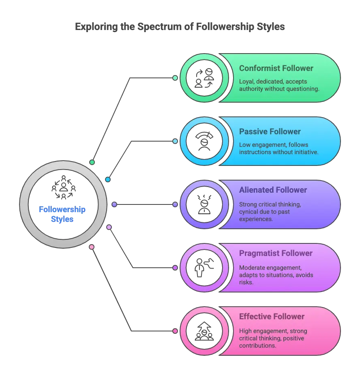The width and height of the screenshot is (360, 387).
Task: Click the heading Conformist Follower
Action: (x=276, y=68)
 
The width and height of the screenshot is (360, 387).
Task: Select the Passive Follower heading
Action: (x=270, y=131)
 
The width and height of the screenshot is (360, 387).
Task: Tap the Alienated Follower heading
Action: (x=273, y=190)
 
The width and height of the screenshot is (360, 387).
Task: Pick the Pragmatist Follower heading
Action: (x=276, y=253)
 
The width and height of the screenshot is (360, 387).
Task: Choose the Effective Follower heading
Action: (x=272, y=316)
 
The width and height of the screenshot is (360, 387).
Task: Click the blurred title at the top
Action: (x=180, y=27)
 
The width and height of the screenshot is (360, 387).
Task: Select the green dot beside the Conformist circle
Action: (x=175, y=78)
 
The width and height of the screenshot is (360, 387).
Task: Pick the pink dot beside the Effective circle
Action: (x=175, y=331)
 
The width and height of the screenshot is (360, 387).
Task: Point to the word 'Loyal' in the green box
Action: (x=246, y=81)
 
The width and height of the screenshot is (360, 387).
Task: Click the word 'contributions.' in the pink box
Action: (x=258, y=346)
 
